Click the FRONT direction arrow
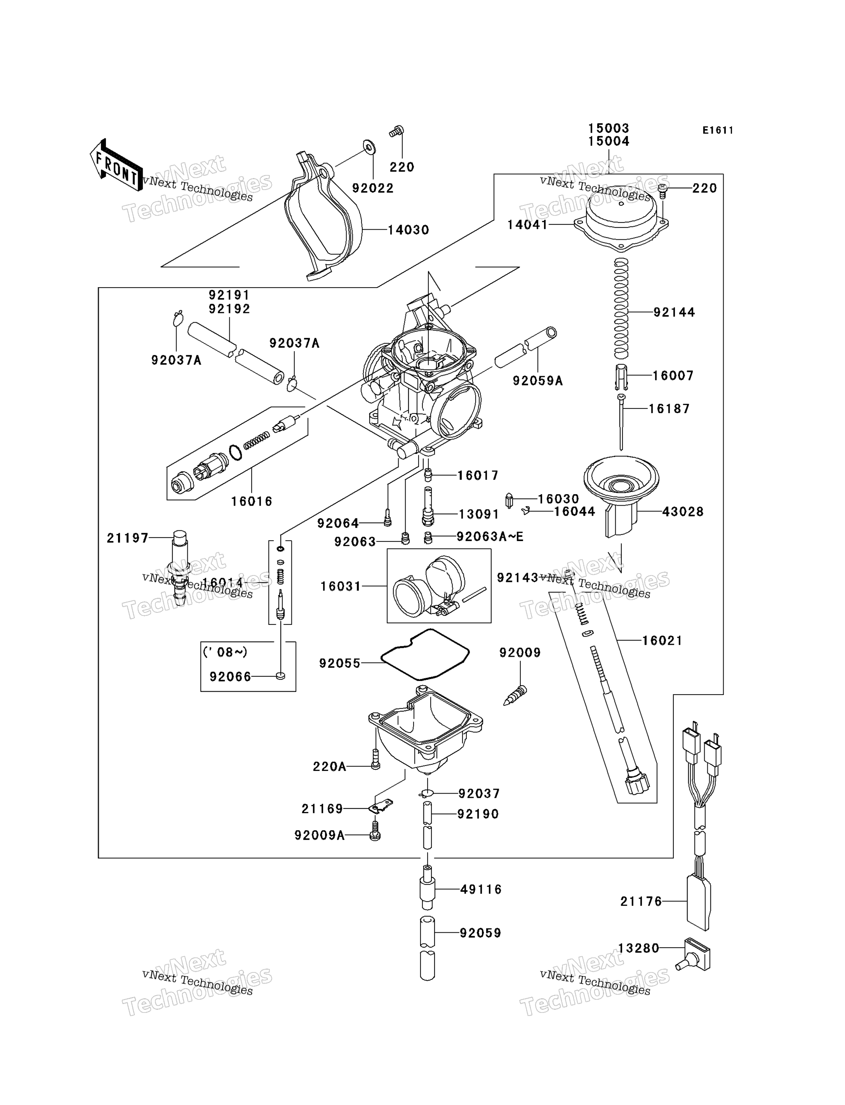coord(116,165)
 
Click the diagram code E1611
coord(718,130)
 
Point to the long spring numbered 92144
coord(622,308)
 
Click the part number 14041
coord(528,225)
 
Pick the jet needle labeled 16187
coord(622,422)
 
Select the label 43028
coord(683,511)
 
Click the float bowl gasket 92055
coord(425,654)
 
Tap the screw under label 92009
coord(515,695)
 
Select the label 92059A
coord(538,381)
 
